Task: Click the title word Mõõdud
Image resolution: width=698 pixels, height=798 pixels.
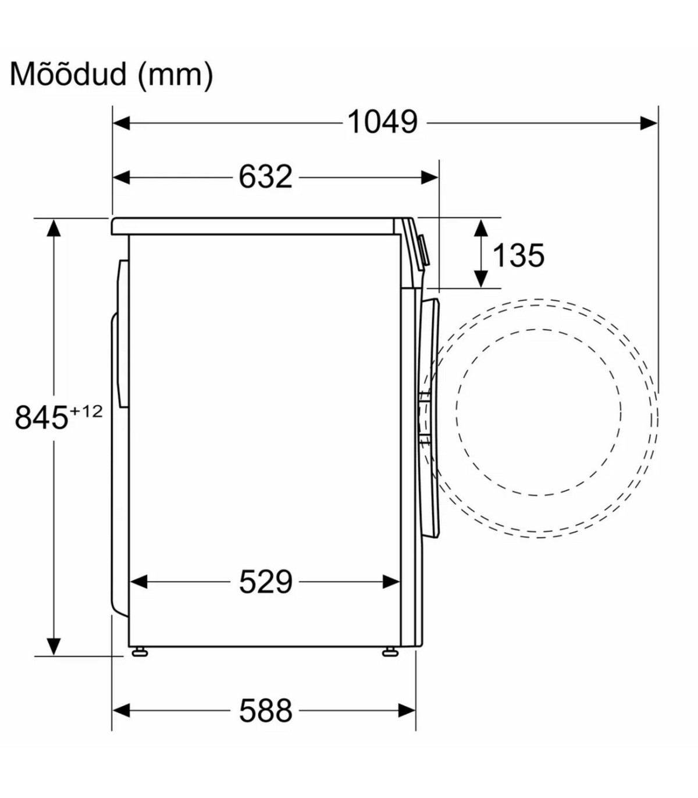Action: coord(69,74)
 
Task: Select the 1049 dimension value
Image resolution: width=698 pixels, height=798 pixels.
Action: coord(382,123)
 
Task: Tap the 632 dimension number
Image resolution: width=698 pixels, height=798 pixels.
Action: coord(265,177)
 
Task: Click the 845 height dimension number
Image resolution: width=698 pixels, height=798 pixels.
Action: coord(41,417)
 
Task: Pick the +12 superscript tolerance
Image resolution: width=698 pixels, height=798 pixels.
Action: coord(86,411)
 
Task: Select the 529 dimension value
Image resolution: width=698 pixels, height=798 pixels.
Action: coord(265,582)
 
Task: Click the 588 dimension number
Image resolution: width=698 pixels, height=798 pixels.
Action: coord(265,710)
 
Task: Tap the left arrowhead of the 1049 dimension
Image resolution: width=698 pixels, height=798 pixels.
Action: coord(121,123)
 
